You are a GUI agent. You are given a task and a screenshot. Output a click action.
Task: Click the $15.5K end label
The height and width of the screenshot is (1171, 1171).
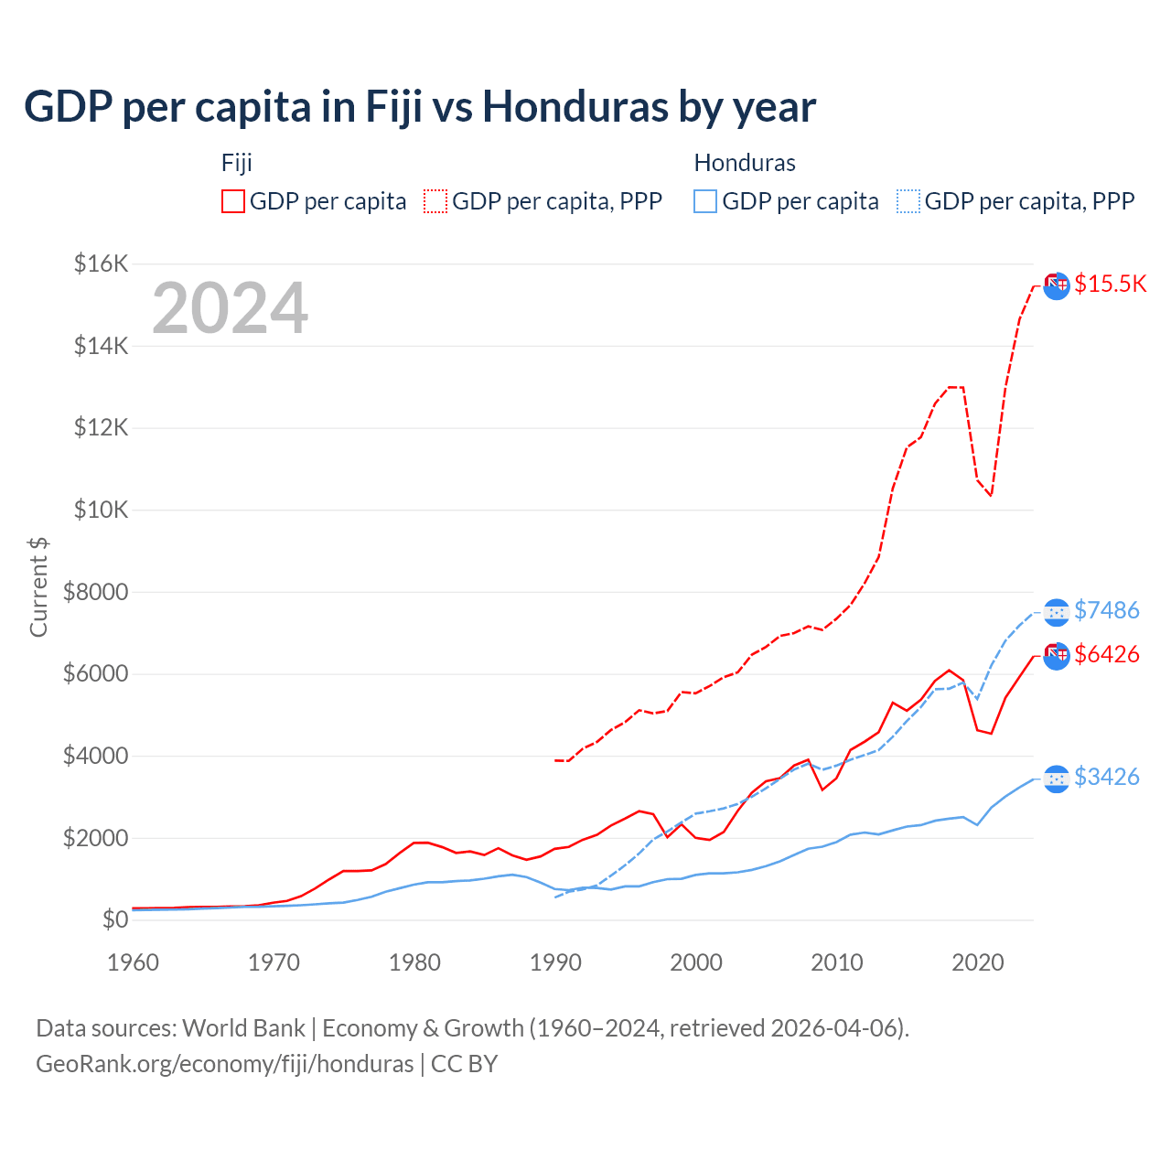tap(1110, 284)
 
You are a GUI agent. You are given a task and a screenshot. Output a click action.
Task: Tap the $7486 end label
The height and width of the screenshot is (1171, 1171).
tap(1106, 610)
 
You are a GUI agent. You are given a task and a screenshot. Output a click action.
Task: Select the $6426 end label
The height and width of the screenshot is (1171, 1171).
tap(1106, 654)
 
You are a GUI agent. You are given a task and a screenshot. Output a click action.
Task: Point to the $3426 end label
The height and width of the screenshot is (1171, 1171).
tap(1106, 777)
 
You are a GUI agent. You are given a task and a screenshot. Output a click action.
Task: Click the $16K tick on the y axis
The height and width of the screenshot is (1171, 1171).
tap(101, 264)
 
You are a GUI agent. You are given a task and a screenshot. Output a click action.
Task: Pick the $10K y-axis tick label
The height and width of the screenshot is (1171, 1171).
tap(101, 510)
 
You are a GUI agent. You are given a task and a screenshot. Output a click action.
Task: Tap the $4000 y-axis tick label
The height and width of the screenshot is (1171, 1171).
tap(95, 756)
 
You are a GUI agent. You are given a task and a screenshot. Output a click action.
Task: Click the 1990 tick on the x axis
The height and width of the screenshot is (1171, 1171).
tap(555, 962)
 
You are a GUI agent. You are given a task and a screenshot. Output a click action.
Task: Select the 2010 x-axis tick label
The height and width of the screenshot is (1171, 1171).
tap(837, 962)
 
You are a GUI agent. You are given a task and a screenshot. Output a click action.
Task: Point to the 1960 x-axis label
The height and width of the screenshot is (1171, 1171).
tap(134, 962)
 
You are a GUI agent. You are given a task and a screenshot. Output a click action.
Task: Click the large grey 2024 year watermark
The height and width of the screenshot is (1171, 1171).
tap(230, 308)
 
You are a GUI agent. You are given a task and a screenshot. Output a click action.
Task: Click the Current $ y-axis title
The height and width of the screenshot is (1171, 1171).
tap(38, 586)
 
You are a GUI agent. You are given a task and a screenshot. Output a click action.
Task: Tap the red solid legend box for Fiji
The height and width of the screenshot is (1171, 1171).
tap(233, 201)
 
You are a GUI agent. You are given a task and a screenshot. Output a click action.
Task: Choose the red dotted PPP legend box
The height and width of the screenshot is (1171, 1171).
tap(435, 201)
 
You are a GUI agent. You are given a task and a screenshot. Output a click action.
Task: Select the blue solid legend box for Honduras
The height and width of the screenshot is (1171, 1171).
tap(705, 201)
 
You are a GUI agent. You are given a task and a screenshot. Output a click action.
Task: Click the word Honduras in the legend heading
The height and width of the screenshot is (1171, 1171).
tap(745, 163)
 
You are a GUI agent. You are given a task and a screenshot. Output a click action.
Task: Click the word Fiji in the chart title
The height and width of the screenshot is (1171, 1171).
tap(393, 107)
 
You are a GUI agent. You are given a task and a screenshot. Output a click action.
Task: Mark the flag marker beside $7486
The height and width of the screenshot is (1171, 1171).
tap(1057, 611)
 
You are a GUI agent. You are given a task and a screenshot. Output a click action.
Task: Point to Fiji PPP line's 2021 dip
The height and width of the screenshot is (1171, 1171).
tap(991, 495)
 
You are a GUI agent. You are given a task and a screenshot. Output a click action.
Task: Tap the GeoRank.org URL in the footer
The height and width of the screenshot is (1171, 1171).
tap(224, 1064)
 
